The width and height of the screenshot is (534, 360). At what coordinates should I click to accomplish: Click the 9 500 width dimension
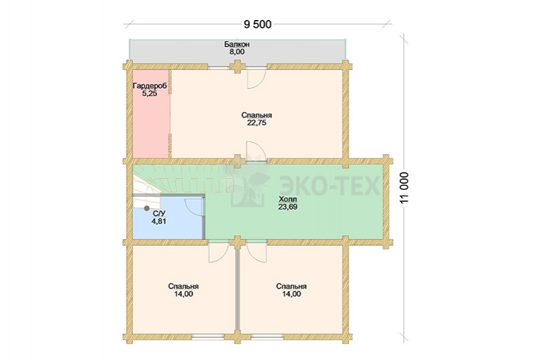click(x=258, y=25)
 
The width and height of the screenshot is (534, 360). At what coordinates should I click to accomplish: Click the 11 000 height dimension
click(x=404, y=188)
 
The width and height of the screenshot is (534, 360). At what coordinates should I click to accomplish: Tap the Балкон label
click(x=237, y=44)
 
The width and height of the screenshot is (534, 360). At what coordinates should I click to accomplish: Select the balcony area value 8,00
click(x=237, y=52)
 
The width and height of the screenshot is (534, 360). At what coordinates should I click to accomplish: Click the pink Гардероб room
click(x=151, y=114)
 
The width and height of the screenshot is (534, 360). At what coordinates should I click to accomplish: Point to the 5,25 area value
click(x=150, y=94)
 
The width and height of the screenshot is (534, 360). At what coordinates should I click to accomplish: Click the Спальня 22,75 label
click(x=257, y=119)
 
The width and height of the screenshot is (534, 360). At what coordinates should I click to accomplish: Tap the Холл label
click(x=288, y=199)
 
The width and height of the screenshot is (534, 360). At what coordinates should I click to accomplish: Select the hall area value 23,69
click(x=288, y=206)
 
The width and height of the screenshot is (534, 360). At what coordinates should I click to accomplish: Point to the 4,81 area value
click(x=159, y=221)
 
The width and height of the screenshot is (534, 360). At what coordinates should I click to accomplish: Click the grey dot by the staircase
click(x=147, y=208)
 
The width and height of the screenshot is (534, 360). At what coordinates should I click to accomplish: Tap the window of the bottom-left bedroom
click(x=209, y=337)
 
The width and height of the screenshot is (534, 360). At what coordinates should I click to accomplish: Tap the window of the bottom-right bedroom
click(x=267, y=337)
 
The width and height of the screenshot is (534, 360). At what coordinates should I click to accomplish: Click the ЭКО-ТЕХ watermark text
click(x=329, y=186)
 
